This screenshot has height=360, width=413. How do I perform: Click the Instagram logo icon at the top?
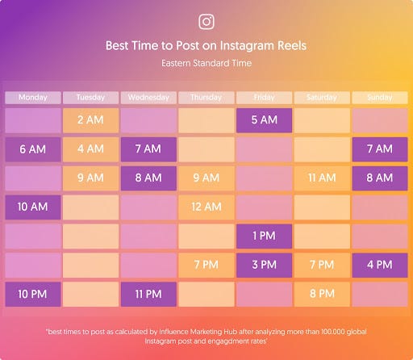[206, 22]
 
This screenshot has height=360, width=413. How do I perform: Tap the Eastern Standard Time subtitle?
[206, 62]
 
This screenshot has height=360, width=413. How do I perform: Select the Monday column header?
[32, 98]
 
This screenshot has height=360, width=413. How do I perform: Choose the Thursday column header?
[206, 98]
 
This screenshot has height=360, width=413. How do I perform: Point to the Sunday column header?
[379, 98]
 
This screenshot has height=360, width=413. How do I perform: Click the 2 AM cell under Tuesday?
[90, 120]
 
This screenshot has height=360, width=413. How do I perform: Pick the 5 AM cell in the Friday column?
[264, 120]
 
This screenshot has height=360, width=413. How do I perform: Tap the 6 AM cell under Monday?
[32, 149]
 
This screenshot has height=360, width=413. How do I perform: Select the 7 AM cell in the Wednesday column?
[148, 149]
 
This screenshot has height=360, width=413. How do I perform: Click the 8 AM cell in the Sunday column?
[379, 178]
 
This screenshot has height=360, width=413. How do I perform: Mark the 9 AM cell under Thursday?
[206, 178]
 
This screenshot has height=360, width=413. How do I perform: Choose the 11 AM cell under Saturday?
[322, 178]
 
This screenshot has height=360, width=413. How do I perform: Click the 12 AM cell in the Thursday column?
[206, 207]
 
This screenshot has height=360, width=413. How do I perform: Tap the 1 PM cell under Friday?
[264, 236]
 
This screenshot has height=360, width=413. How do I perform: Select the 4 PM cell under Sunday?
[379, 265]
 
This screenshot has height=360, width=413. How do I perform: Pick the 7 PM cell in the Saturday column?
[322, 265]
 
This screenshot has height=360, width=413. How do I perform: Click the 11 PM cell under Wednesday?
[148, 294]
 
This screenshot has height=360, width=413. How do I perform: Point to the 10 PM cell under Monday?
[32, 294]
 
